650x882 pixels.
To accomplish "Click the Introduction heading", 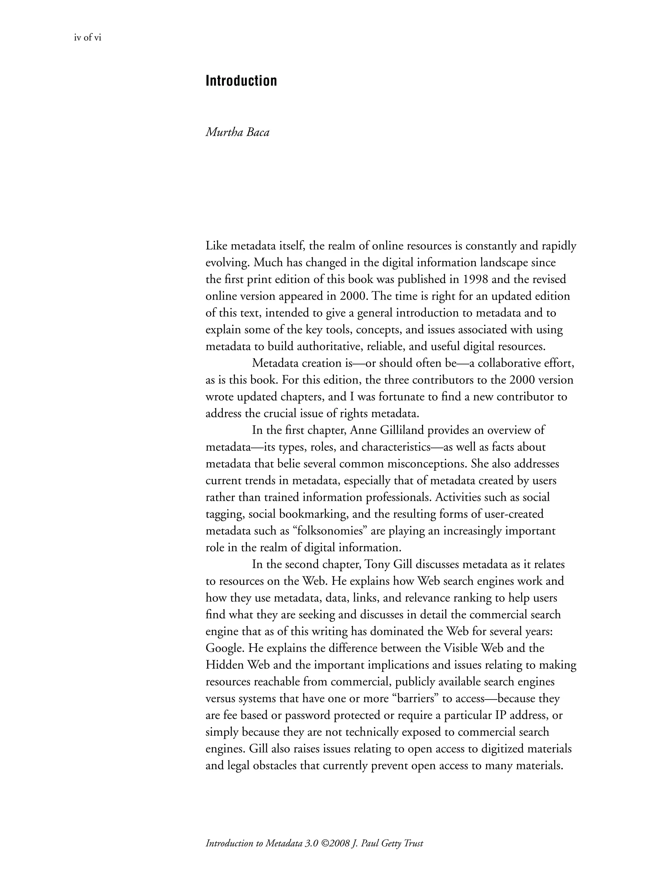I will pos(241,81).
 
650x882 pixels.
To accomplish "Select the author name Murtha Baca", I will pos(237,132).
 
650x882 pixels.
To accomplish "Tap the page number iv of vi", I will pos(88,38).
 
